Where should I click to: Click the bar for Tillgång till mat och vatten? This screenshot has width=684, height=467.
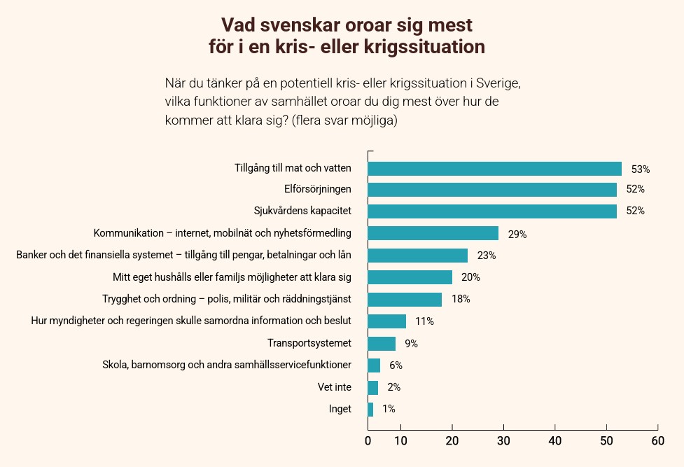click(x=494, y=169)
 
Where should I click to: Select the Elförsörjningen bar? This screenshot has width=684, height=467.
click(x=492, y=190)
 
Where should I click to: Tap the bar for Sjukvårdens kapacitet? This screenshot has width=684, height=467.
click(x=492, y=211)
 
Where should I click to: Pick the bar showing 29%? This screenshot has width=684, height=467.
click(x=433, y=233)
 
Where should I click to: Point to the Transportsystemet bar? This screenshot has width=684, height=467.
click(x=382, y=344)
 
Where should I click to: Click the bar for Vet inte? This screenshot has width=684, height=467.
click(x=372, y=387)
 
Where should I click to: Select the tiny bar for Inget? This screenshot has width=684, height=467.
click(x=370, y=409)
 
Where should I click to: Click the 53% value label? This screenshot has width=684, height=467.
click(x=641, y=169)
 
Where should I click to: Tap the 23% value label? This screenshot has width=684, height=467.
click(x=486, y=256)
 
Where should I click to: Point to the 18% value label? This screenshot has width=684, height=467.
click(x=461, y=299)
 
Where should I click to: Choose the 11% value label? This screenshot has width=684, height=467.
click(x=424, y=321)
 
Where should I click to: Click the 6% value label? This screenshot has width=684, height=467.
click(x=396, y=365)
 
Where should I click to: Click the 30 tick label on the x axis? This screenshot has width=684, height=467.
click(x=503, y=441)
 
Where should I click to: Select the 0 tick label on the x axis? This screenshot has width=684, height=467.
click(x=368, y=441)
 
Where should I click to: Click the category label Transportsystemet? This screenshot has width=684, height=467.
click(x=309, y=343)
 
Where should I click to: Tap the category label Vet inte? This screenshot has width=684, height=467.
click(x=335, y=386)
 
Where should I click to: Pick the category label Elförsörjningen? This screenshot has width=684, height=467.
click(x=318, y=189)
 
